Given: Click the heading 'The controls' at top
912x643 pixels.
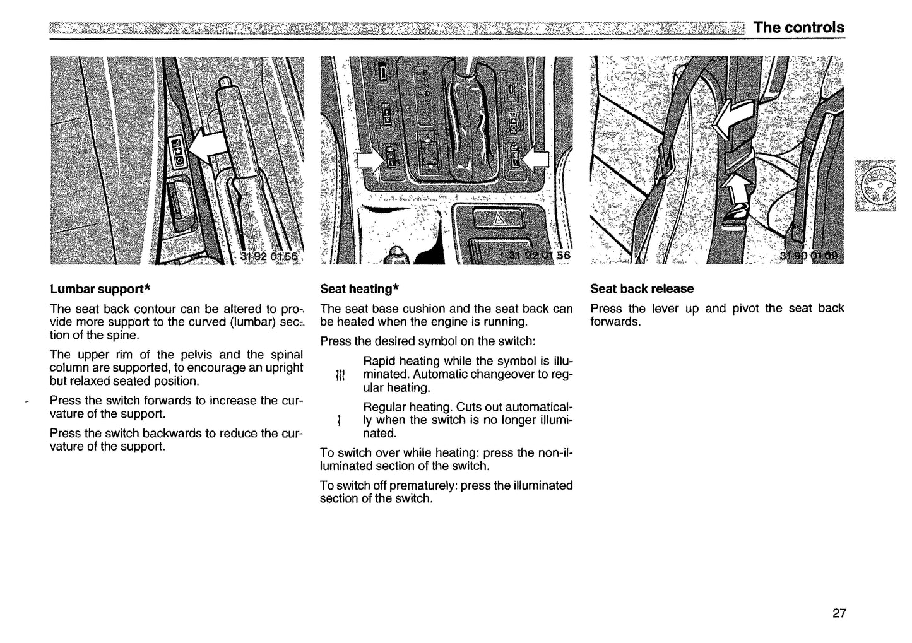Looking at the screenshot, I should pyautogui.click(x=798, y=27).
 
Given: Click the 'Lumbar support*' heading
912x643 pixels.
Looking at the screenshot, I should pyautogui.click(x=100, y=289).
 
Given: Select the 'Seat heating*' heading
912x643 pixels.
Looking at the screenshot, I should pyautogui.click(x=359, y=289).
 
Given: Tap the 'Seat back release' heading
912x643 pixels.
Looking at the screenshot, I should pyautogui.click(x=641, y=288).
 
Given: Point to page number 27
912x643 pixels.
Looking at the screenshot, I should pyautogui.click(x=839, y=613).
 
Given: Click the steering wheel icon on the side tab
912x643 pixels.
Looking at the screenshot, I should pyautogui.click(x=876, y=186).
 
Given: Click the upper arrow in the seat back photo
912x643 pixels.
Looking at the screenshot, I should pyautogui.click(x=731, y=120).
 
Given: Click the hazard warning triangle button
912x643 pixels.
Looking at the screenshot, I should pyautogui.click(x=495, y=220).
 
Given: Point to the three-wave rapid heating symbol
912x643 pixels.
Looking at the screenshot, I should pyautogui.click(x=340, y=375).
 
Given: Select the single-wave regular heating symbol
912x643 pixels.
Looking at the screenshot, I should pyautogui.click(x=340, y=420).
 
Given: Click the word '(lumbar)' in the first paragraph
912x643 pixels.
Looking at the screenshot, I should pyautogui.click(x=253, y=322).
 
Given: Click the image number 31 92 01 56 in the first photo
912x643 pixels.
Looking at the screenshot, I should pyautogui.click(x=268, y=256).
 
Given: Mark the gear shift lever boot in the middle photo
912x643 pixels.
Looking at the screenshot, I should pyautogui.click(x=467, y=126).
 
